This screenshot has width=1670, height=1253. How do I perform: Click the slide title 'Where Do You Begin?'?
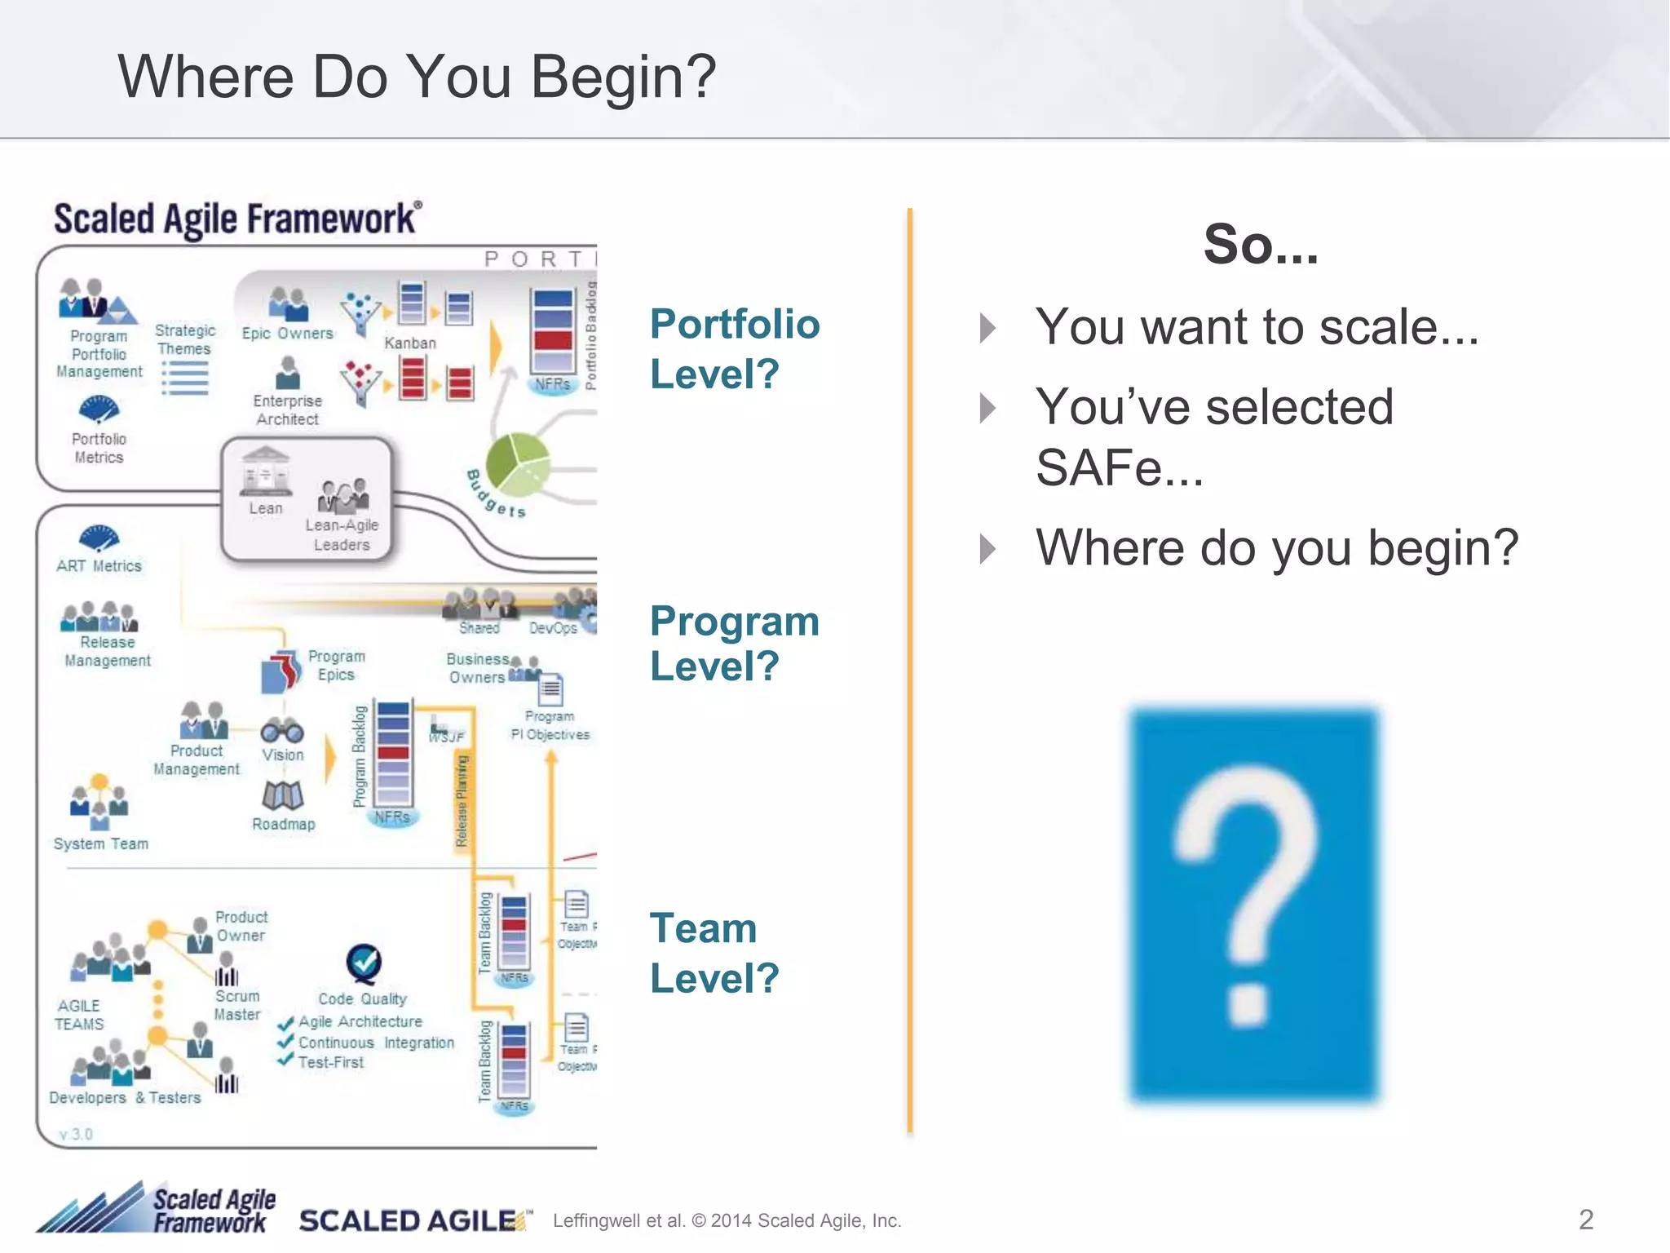417,77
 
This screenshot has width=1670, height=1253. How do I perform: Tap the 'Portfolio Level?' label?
734,349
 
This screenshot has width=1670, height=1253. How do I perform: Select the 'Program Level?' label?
734,644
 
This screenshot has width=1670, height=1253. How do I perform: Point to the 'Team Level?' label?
714,953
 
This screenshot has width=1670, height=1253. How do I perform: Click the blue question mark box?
1253,905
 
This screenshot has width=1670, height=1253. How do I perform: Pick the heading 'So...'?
1261,244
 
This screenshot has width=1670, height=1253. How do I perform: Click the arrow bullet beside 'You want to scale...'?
988,328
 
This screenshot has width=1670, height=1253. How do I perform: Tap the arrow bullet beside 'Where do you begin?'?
988,548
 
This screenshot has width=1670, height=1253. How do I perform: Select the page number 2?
1585,1219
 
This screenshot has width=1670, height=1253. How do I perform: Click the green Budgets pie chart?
518,464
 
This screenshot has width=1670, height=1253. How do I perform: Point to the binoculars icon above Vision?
282,731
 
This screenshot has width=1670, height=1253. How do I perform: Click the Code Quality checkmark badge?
364,963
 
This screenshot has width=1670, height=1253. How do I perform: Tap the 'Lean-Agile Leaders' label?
342,535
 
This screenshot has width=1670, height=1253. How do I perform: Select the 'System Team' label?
101,843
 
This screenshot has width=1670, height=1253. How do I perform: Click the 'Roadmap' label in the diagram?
283,824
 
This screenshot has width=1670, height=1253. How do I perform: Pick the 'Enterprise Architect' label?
287,410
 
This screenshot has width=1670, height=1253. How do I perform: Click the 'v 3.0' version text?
76,1134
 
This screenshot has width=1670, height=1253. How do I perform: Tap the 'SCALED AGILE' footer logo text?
408,1220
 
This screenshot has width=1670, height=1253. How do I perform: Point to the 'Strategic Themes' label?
185,339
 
